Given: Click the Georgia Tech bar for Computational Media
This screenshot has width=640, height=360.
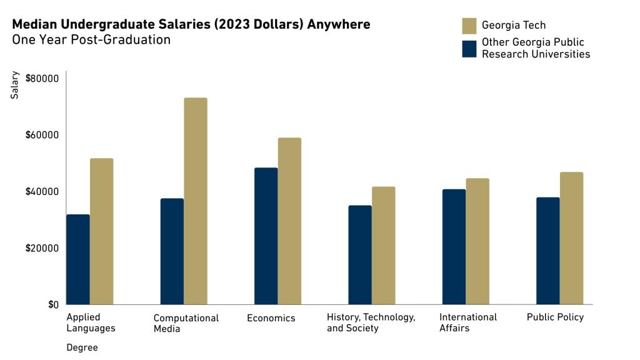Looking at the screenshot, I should click(196, 201).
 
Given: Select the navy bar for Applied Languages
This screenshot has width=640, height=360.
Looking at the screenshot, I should click(78, 259).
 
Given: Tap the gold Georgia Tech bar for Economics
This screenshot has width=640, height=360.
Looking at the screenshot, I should click(289, 221).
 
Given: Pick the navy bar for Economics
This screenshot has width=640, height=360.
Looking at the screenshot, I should click(266, 236).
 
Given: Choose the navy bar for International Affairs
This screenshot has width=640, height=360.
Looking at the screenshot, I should click(454, 247).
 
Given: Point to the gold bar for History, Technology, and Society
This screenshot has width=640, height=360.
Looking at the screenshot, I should click(383, 246).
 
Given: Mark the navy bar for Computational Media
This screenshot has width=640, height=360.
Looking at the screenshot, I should click(172, 251).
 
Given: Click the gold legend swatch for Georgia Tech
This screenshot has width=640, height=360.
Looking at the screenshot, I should click(469, 26).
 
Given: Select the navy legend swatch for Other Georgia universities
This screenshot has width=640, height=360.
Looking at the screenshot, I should click(469, 49).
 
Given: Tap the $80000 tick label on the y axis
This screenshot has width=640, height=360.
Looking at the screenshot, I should click(42, 79).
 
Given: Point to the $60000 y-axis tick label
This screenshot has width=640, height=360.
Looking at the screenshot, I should click(42, 135).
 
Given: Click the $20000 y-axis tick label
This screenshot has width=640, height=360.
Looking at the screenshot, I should click(42, 248).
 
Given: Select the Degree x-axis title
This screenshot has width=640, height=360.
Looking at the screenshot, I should click(82, 347).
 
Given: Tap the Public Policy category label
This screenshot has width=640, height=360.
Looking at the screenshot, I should click(555, 317).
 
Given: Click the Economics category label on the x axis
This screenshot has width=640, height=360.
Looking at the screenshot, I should click(271, 318).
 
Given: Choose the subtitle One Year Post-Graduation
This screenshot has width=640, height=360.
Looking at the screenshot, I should click(91, 40).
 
